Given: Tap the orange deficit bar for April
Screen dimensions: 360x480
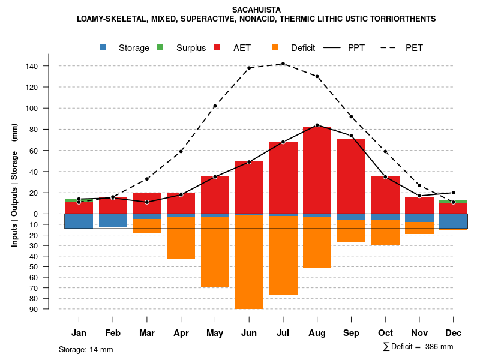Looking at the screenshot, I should click(x=181, y=238).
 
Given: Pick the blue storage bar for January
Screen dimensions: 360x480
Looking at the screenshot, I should click(x=79, y=221).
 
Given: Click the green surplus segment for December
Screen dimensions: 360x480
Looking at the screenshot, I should click(x=454, y=202).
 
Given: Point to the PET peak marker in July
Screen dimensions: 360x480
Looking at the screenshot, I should click(x=283, y=64).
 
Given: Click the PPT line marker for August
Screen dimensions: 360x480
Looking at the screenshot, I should click(x=317, y=125).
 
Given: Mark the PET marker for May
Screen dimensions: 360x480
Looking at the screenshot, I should click(x=215, y=106).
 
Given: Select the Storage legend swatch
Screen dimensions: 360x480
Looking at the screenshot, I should click(x=103, y=47).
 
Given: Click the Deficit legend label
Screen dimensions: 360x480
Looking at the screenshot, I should click(x=303, y=48).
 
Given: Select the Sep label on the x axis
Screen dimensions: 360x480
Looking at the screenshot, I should click(x=352, y=333).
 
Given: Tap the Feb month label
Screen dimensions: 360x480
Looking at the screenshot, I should click(x=113, y=333).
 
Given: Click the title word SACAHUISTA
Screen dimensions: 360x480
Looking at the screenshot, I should click(x=256, y=10).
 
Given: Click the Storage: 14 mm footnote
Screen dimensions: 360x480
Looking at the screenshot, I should click(x=86, y=349).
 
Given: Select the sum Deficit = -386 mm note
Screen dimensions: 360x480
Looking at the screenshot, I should click(x=418, y=347).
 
